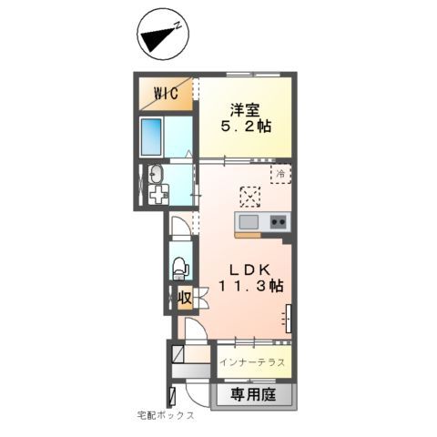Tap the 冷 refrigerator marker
(x=281, y=173)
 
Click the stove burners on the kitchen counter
(x=278, y=222)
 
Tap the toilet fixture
(x=180, y=267)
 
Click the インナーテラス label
(x=251, y=362)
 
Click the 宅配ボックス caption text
(x=166, y=415)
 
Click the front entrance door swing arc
(x=193, y=393)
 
